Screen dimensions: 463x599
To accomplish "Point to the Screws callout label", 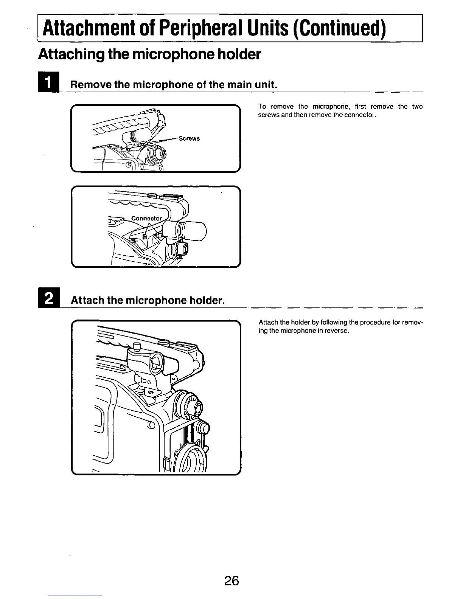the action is pyautogui.click(x=189, y=138).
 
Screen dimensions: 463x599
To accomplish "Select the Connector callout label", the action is pyautogui.click(x=146, y=219).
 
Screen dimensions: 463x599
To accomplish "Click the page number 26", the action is pyautogui.click(x=231, y=580).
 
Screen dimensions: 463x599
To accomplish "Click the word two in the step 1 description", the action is pyautogui.click(x=417, y=107).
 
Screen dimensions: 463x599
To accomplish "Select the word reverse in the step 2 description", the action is pyautogui.click(x=335, y=331).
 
